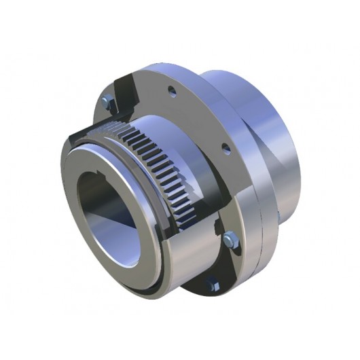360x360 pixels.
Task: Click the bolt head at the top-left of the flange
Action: pyautogui.click(x=105, y=102)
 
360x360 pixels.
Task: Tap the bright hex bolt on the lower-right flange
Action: pyautogui.click(x=230, y=238)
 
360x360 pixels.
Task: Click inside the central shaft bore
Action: pyautogui.click(x=109, y=217)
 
